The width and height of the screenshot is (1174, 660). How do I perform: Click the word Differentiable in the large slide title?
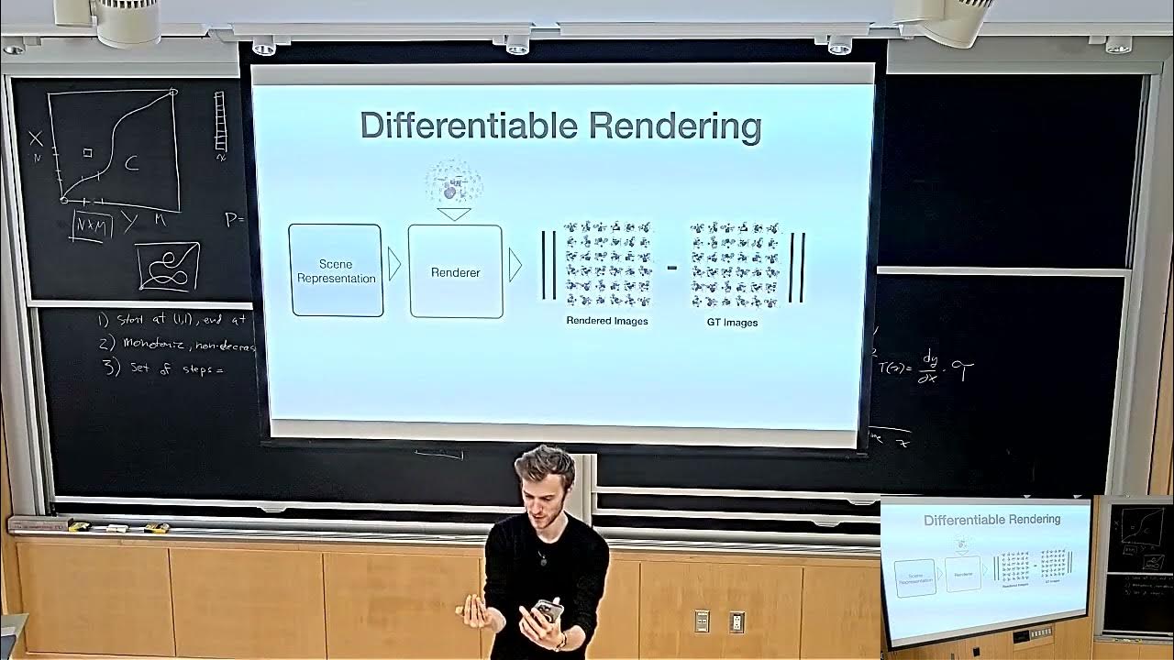pos(470,126)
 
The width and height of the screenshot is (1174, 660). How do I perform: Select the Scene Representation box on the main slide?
pos(336,270)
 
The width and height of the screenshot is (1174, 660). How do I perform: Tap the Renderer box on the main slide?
pos(456,271)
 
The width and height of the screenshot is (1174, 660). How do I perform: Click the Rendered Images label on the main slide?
pos(607,321)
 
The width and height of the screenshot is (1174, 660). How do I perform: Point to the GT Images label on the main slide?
pos(732,322)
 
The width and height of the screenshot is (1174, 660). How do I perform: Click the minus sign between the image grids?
pos(672,268)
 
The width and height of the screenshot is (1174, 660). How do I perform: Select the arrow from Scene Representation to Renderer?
pos(395,264)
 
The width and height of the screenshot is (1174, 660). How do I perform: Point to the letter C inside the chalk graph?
pos(131,164)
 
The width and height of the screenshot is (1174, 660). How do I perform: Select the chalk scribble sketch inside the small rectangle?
pos(168,266)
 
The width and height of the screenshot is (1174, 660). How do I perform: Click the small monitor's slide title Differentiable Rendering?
pos(991,520)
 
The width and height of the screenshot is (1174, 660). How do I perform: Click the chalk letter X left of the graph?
pos(36,138)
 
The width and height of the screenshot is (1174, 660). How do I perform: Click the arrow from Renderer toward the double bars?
pos(515,266)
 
